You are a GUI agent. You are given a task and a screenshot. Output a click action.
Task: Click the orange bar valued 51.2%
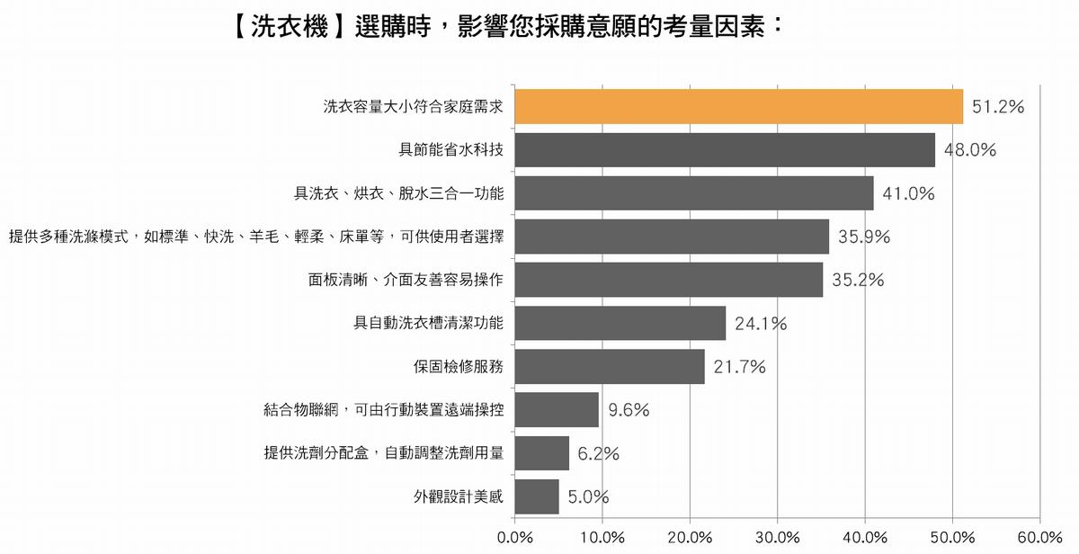click(739, 106)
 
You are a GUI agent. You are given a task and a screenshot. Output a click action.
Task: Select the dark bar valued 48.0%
click(725, 150)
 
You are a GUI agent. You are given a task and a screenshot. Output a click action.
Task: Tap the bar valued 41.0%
click(694, 193)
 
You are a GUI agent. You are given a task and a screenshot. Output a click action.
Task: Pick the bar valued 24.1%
click(620, 323)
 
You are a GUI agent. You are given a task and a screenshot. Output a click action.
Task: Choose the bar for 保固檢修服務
click(610, 367)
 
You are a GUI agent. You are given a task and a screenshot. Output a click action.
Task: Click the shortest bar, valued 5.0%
click(537, 496)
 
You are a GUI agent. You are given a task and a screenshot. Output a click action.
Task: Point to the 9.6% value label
click(629, 410)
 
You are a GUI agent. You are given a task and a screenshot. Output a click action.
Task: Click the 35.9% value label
click(864, 237)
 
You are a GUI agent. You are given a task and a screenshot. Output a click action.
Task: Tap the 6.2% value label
click(598, 453)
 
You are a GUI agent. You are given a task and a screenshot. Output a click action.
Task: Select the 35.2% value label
click(858, 280)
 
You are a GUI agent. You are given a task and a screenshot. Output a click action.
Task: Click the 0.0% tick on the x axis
click(515, 537)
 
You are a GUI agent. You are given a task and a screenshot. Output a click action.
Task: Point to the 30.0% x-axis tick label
click(778, 537)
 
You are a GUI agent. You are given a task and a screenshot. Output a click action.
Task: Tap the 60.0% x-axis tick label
click(1040, 537)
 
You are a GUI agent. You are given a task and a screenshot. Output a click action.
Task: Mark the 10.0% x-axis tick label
click(602, 537)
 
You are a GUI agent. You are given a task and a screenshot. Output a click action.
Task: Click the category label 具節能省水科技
click(450, 150)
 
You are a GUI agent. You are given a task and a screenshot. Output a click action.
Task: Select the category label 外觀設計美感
click(458, 496)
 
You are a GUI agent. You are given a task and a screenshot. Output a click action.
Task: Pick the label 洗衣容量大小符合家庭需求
click(414, 106)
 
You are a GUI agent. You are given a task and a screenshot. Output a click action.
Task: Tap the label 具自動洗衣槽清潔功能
click(428, 323)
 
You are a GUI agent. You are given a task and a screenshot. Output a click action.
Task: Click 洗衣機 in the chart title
click(290, 26)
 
